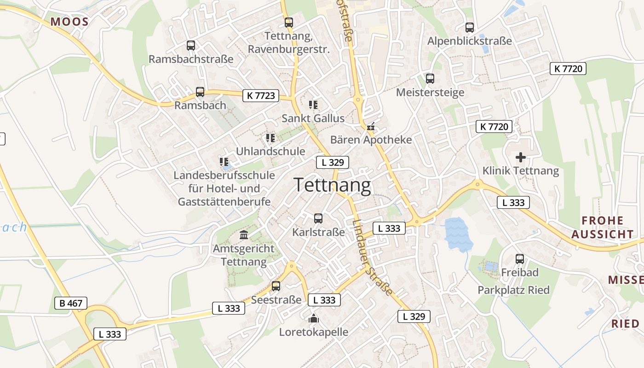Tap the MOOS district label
point(69,21)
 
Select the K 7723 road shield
point(261,96)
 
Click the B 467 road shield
point(70,303)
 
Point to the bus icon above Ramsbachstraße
point(191,46)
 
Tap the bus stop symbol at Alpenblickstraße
point(469,28)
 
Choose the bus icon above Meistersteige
point(430,79)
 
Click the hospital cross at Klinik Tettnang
point(520,157)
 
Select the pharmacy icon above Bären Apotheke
point(371,126)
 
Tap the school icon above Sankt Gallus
point(313,105)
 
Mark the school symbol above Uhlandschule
point(270,138)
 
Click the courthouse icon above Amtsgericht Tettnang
point(244,235)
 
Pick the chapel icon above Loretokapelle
point(314,318)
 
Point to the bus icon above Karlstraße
point(318,218)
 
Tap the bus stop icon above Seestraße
point(276,286)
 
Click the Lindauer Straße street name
point(373,258)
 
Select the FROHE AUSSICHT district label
point(602,227)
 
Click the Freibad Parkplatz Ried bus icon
point(520,259)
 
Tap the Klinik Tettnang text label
point(520,171)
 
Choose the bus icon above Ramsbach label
point(200,92)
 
